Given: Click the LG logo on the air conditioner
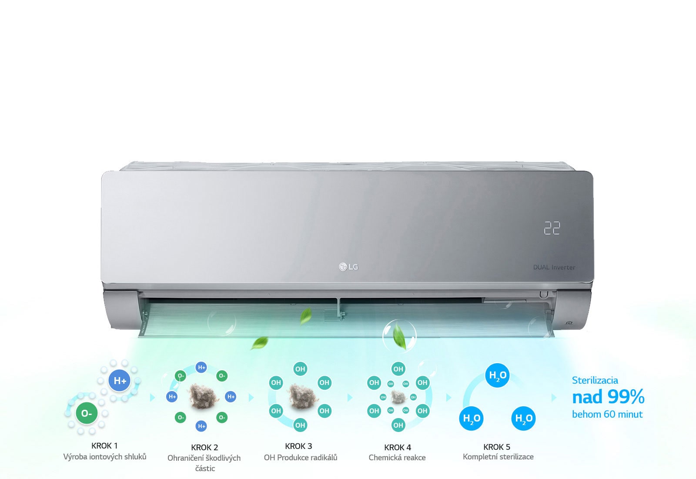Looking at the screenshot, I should pyautogui.click(x=348, y=266).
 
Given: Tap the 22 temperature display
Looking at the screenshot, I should pyautogui.click(x=552, y=228).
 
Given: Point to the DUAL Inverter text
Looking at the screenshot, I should pyautogui.click(x=554, y=267).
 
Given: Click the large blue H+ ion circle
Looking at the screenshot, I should pyautogui.click(x=120, y=381).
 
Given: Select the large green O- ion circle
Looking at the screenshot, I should pyautogui.click(x=87, y=413).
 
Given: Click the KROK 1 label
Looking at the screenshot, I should pyautogui.click(x=104, y=445).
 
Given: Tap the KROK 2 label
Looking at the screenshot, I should pyautogui.click(x=204, y=447).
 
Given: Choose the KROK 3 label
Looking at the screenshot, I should pyautogui.click(x=298, y=446).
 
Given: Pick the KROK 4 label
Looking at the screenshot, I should pyautogui.click(x=398, y=447).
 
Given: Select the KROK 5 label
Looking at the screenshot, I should pyautogui.click(x=497, y=447).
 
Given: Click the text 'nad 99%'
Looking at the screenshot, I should pyautogui.click(x=608, y=397).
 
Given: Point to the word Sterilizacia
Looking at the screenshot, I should pyautogui.click(x=595, y=380).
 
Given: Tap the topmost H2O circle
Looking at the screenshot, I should pyautogui.click(x=497, y=375).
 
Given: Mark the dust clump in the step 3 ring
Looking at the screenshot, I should pyautogui.click(x=300, y=396).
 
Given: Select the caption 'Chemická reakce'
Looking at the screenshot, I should pyautogui.click(x=397, y=457).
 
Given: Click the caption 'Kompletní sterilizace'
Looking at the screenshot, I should pyautogui.click(x=498, y=456).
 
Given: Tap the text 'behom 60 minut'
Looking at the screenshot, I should pyautogui.click(x=607, y=414).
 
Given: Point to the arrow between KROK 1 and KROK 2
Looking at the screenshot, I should pyautogui.click(x=152, y=398).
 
